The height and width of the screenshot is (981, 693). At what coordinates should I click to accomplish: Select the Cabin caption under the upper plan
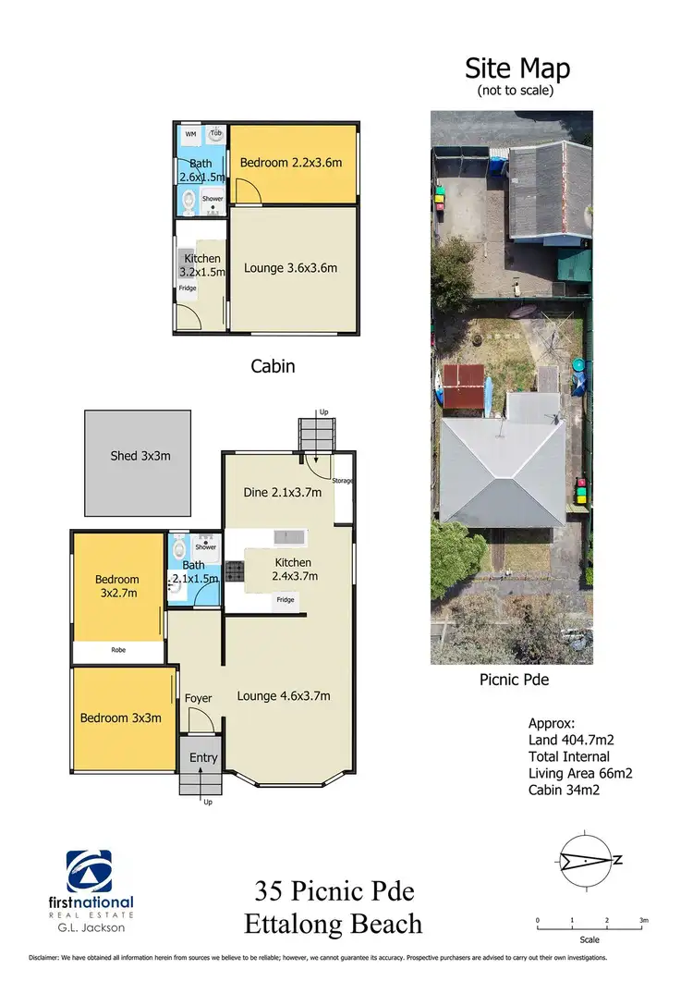pyautogui.click(x=273, y=366)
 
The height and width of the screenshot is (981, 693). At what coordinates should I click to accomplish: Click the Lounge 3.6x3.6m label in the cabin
pyautogui.click(x=290, y=268)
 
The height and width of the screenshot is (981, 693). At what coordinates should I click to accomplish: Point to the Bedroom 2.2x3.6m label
pyautogui.click(x=291, y=163)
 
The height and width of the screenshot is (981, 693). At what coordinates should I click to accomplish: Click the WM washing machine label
pyautogui.click(x=191, y=134)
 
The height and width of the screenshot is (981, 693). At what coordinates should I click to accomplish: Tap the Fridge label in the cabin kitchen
pyautogui.click(x=188, y=288)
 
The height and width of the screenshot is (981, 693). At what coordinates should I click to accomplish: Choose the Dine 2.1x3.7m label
pyautogui.click(x=282, y=492)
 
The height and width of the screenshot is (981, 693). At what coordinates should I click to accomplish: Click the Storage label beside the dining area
pyautogui.click(x=344, y=481)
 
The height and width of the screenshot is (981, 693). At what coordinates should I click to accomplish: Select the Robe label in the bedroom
pyautogui.click(x=118, y=650)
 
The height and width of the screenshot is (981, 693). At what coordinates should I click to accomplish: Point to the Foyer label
pyautogui.click(x=199, y=698)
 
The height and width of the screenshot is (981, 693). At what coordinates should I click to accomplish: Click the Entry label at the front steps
pyautogui.click(x=203, y=757)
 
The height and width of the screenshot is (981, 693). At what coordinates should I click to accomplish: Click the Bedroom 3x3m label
pyautogui.click(x=120, y=717)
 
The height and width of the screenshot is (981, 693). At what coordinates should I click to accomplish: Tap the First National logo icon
pyautogui.click(x=89, y=871)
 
